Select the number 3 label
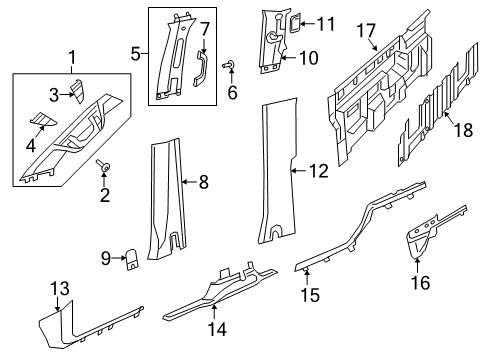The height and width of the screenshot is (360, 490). (55, 94)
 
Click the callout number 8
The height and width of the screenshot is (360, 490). (202, 181)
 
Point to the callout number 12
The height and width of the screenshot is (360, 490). (317, 171)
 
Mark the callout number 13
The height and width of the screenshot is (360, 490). (60, 289)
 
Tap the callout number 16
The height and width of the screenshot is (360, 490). (418, 283)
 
